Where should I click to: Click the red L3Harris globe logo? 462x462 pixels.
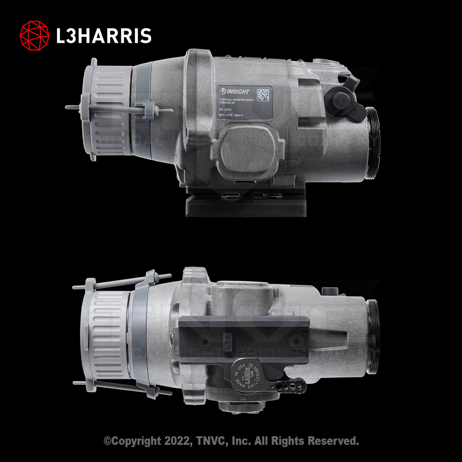click(35, 35)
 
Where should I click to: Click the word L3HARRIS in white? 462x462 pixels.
click(103, 36)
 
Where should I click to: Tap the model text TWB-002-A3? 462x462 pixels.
click(229, 103)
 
